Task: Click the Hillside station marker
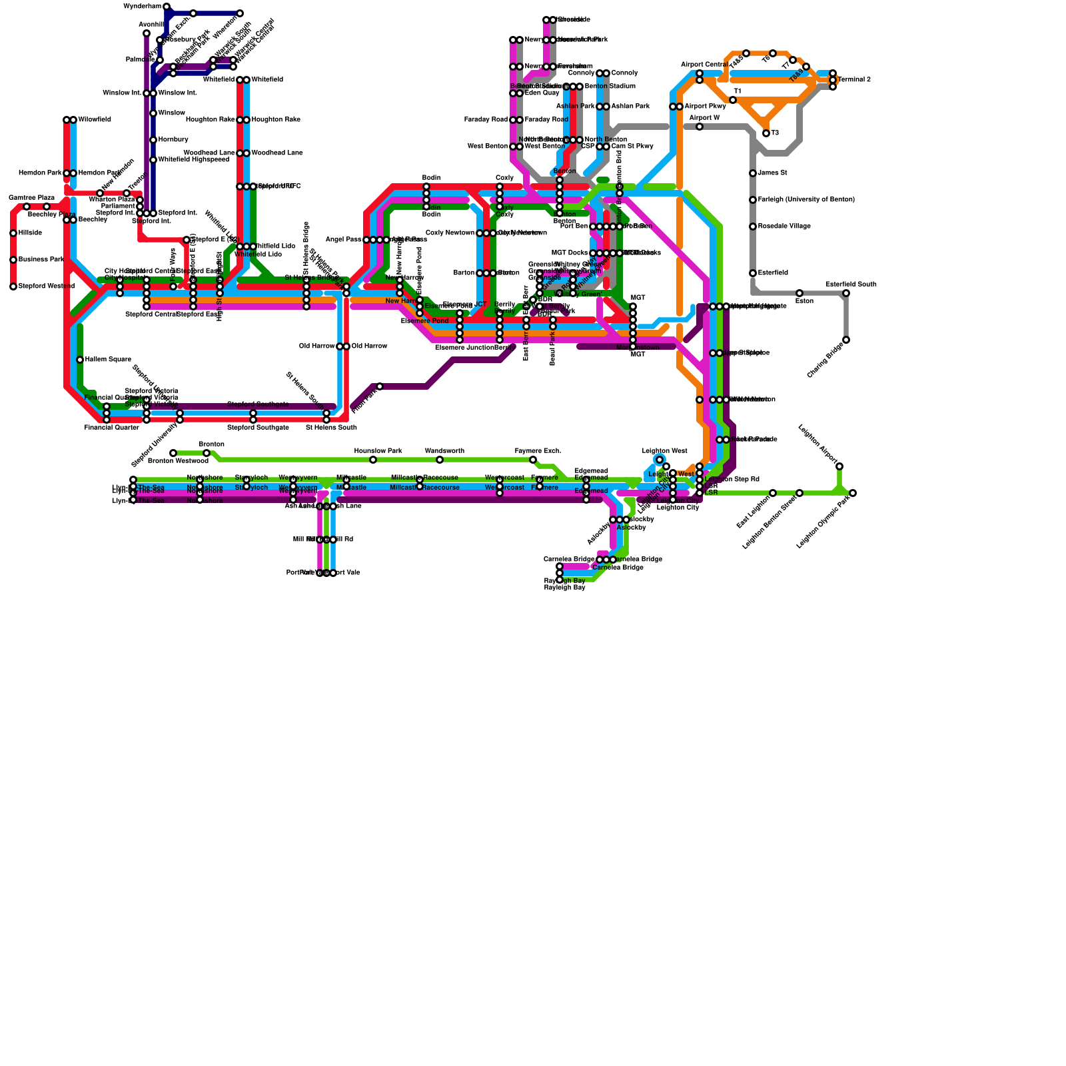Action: click(13, 233)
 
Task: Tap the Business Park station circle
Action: click(13, 260)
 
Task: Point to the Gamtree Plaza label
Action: click(31, 198)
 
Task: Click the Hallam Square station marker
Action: click(80, 360)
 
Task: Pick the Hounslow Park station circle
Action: click(373, 460)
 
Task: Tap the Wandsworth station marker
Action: click(440, 460)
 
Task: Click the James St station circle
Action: click(753, 173)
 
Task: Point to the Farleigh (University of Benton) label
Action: click(806, 200)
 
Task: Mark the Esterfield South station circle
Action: click(846, 293)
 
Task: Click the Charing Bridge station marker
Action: click(846, 340)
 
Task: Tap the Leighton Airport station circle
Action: click(839, 466)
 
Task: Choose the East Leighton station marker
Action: click(773, 493)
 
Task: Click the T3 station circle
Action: click(766, 133)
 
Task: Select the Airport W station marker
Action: click(700, 127)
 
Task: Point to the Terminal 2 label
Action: click(854, 80)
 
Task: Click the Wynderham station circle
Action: click(167, 7)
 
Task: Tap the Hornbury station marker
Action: click(153, 140)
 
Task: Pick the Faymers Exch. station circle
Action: click(533, 460)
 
